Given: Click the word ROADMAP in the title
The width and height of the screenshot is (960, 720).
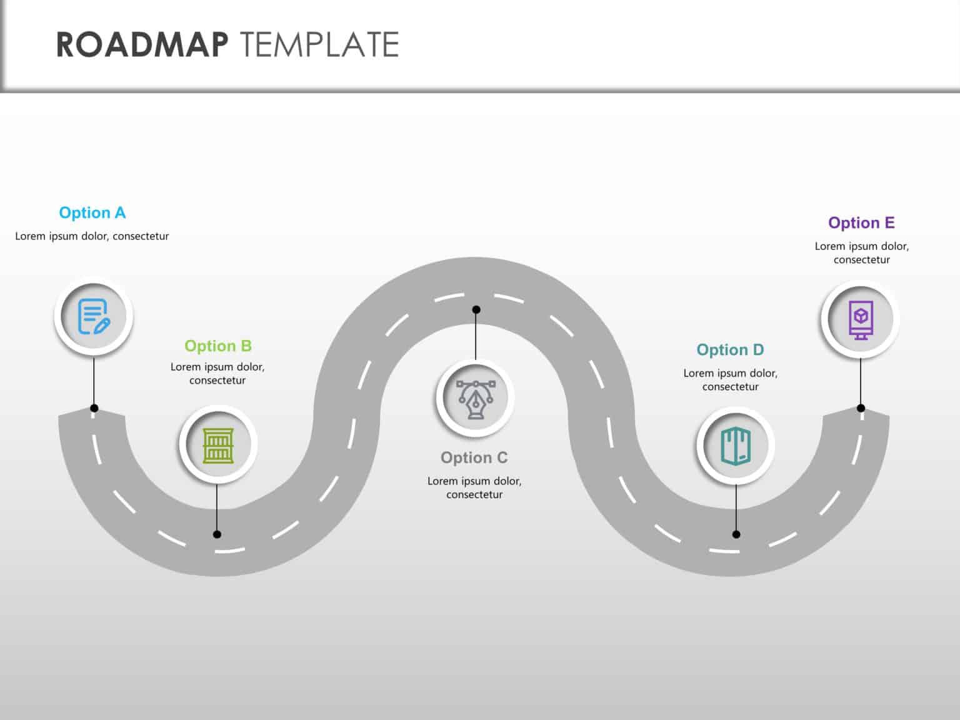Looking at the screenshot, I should pos(142,45).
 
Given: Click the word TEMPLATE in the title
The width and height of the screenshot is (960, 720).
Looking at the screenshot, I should pos(319,45).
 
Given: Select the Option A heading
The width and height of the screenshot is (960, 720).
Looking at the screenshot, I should pos(92,213).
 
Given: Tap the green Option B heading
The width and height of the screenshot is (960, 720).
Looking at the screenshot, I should pos(217,346).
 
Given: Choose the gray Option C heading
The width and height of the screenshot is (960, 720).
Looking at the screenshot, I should pos(474,457).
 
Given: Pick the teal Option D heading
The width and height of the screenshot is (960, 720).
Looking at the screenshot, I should pos(730,350).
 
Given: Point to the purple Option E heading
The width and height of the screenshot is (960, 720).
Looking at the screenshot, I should pos(861,223).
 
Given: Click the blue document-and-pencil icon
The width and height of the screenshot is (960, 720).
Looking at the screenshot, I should pos(94,316).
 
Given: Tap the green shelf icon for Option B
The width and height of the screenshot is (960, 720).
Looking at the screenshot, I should pos(218,445).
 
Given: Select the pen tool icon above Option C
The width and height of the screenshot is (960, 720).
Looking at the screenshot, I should pos(475,398).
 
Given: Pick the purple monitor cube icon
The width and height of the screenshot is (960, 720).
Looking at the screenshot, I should pos(861,319).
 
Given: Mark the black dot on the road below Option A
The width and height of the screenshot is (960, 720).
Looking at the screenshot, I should pos(94,408).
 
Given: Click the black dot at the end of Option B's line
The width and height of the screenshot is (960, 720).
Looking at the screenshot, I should pos(217,534).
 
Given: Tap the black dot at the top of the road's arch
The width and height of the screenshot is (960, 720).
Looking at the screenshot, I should pos(476,309).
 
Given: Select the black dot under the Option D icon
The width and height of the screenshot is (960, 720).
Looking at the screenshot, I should pos(736,534).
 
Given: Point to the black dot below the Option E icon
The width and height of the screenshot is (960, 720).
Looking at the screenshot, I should pos(861,408).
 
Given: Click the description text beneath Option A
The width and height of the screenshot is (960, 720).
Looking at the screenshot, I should pos(92,236).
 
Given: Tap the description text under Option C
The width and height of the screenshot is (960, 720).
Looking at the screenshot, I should pos(474,487).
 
